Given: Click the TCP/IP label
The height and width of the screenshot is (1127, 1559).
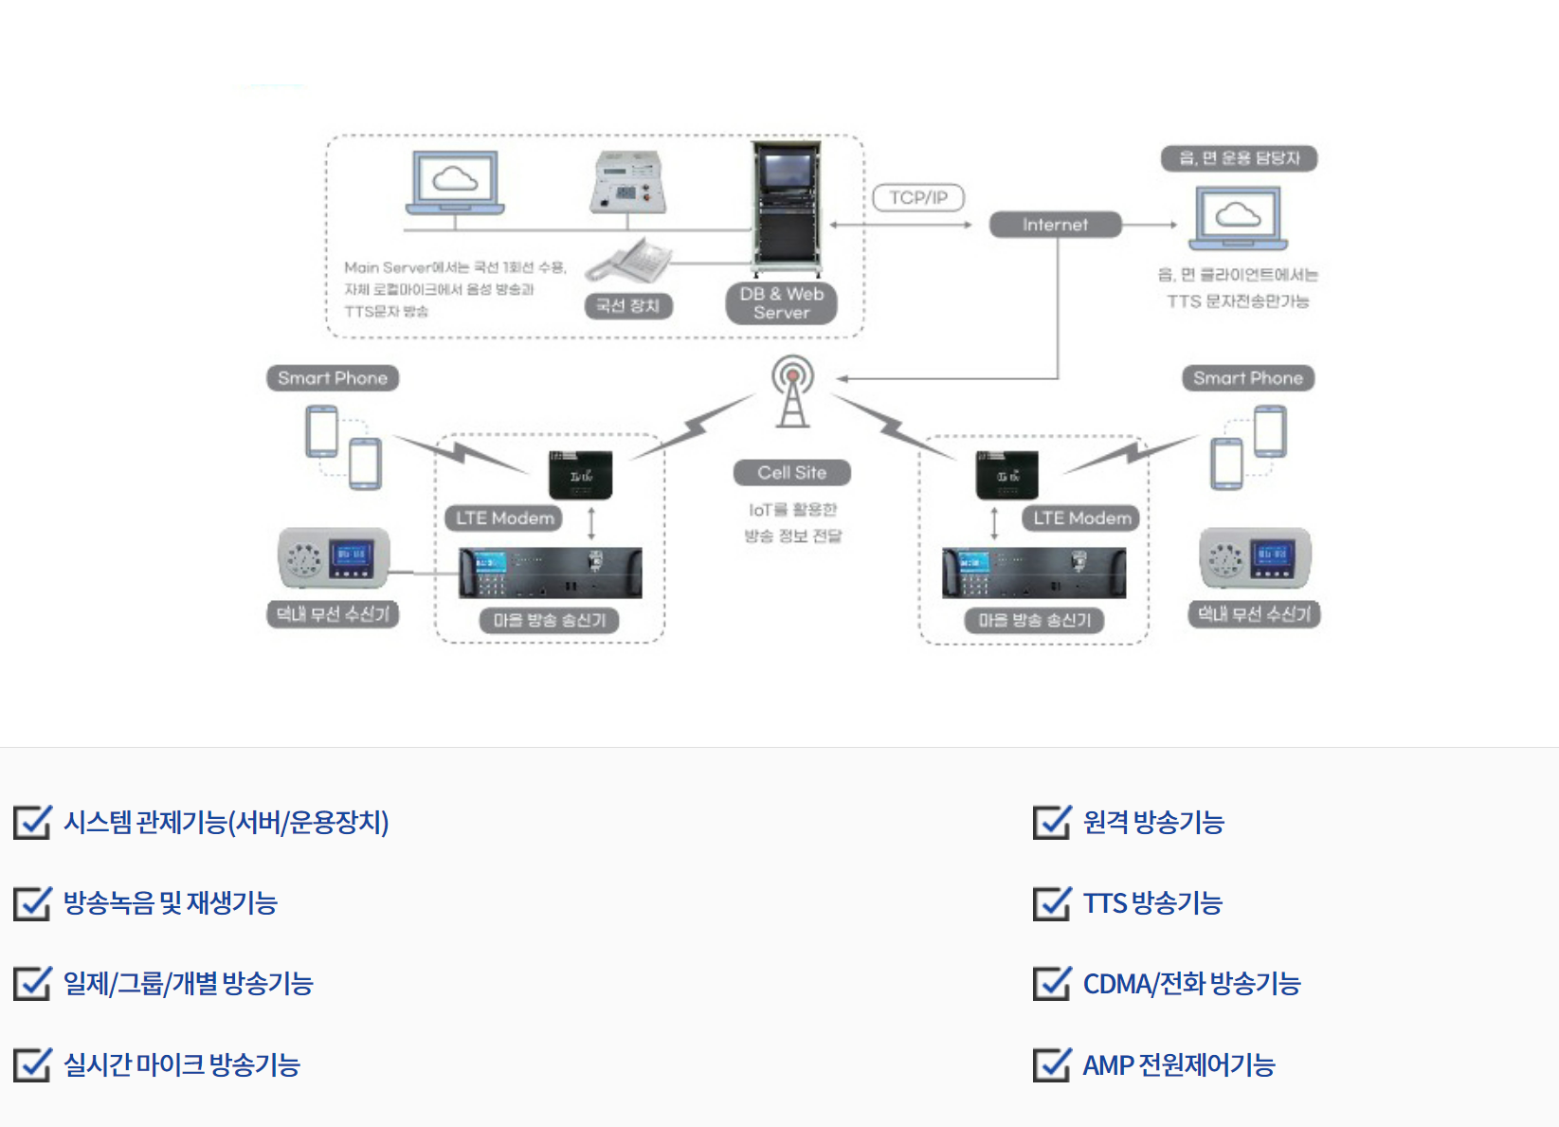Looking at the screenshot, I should coord(917,197).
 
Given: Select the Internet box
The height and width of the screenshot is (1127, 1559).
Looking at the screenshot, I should coord(1055,225).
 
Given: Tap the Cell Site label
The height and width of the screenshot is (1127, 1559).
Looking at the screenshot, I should coord(791,472).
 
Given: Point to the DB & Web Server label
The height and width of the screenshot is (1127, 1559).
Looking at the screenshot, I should coord(781,303).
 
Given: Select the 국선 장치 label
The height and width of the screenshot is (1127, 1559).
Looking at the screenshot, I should coord(627,305).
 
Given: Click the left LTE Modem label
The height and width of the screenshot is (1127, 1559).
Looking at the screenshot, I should coord(504,518).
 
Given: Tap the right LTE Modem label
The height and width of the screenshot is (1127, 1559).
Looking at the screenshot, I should coord(1081,518).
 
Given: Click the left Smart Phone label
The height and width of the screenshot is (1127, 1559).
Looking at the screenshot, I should coord(332,378).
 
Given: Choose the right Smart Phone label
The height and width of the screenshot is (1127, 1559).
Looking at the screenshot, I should coord(1247,378).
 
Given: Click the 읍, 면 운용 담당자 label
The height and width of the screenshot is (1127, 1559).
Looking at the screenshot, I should coord(1239,158).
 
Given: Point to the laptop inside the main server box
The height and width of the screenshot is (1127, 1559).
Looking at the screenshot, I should coord(455,183).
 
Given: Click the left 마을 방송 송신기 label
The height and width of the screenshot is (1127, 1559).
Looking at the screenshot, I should coord(550,620).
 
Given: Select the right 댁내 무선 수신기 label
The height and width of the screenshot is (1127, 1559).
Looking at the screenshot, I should coord(1253,614).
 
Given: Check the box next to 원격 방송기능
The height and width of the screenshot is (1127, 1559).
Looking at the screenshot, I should coord(1051,822).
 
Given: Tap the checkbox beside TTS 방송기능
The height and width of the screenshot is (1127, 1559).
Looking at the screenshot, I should coord(1051,903).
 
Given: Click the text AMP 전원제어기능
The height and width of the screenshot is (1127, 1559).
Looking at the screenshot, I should coord(1179,1065).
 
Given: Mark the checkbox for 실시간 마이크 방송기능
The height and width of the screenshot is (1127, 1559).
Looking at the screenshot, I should coord(32,1065).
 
